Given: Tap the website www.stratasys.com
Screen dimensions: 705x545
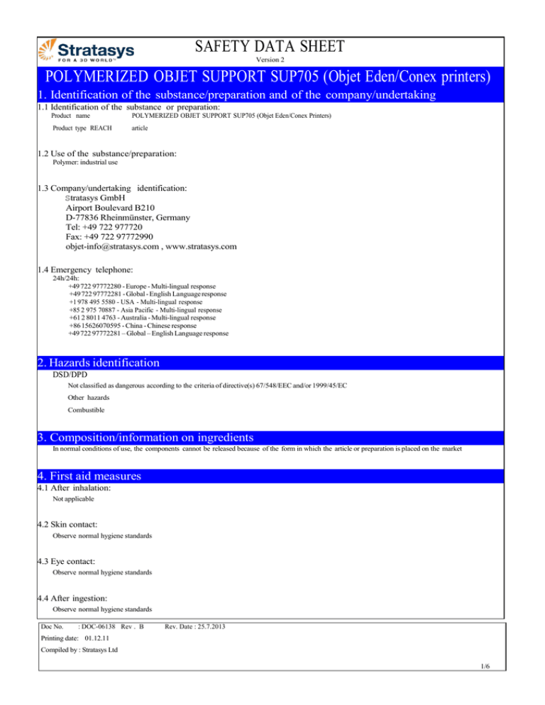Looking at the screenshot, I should (202, 247).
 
